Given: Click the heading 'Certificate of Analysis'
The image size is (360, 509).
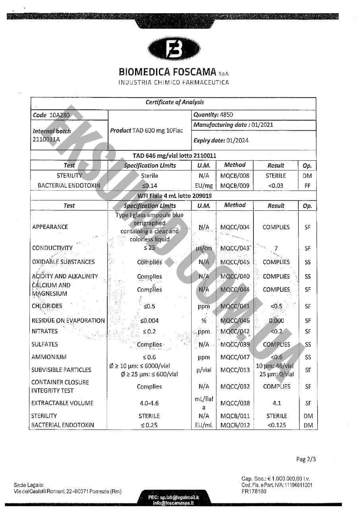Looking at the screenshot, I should (x=174, y=102).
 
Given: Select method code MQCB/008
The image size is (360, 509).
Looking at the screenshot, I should (x=235, y=175).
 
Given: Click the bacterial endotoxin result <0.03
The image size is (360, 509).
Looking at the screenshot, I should (x=276, y=186).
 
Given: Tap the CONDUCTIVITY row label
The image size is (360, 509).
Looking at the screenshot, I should (x=52, y=248).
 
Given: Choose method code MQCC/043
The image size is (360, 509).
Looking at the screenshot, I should (x=235, y=248).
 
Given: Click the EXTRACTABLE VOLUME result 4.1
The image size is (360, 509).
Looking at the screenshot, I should (x=277, y=403).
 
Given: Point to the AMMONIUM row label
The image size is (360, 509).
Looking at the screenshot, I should (x=49, y=357).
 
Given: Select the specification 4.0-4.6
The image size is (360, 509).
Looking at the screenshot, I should (x=149, y=403).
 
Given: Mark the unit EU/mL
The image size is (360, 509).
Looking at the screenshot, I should (x=204, y=425).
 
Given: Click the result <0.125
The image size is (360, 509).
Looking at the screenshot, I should (x=276, y=425).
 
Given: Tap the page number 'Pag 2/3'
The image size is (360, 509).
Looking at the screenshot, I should (x=306, y=459).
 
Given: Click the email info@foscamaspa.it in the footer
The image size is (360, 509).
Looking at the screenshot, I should (x=174, y=503).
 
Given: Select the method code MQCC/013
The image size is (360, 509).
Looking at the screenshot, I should (x=235, y=370).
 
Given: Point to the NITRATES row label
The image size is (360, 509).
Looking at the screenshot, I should (x=45, y=331).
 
